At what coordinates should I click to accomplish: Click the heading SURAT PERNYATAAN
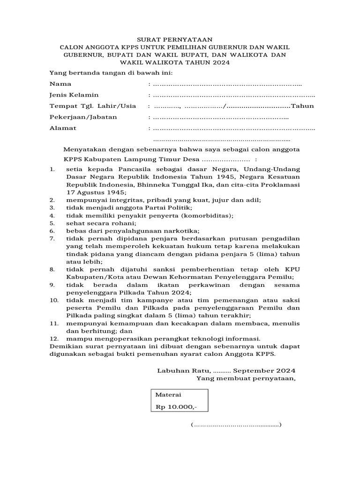(180, 39)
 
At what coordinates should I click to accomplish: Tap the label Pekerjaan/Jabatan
(83, 117)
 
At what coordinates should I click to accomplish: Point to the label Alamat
(63, 128)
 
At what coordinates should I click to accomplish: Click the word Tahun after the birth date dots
(302, 106)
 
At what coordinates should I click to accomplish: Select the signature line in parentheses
(236, 425)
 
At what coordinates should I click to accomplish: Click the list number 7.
(52, 238)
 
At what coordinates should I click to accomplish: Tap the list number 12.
(54, 338)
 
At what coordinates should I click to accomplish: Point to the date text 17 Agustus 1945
(96, 192)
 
